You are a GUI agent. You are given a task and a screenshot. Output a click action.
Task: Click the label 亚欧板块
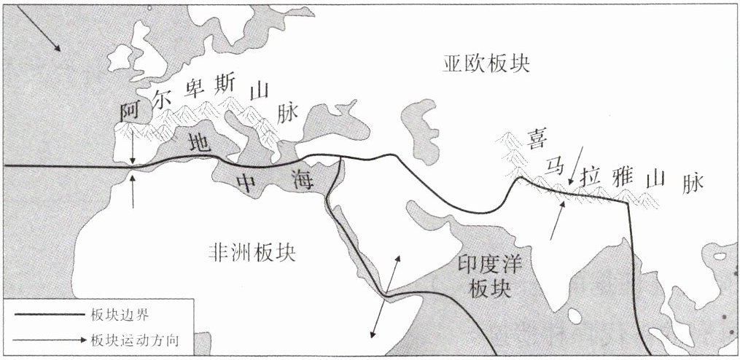click(x=486, y=65)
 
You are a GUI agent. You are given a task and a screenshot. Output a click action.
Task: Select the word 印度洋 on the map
click(x=486, y=263)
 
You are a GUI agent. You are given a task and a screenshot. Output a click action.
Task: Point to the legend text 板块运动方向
click(x=136, y=340)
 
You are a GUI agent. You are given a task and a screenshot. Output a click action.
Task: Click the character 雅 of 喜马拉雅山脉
click(x=626, y=178)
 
